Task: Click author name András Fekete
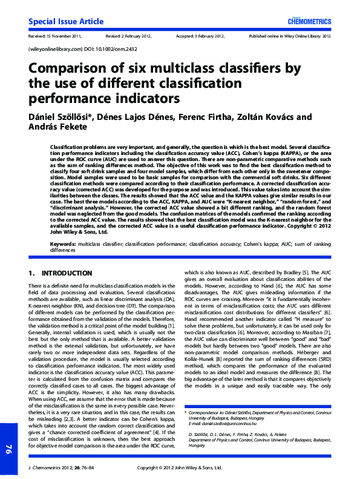coord(59,127)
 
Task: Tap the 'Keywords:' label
coord(63,243)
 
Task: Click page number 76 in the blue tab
coord(8,449)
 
